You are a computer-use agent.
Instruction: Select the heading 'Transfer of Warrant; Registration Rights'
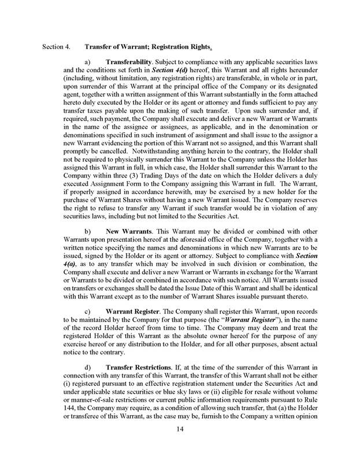pyautogui.click(x=147, y=47)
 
